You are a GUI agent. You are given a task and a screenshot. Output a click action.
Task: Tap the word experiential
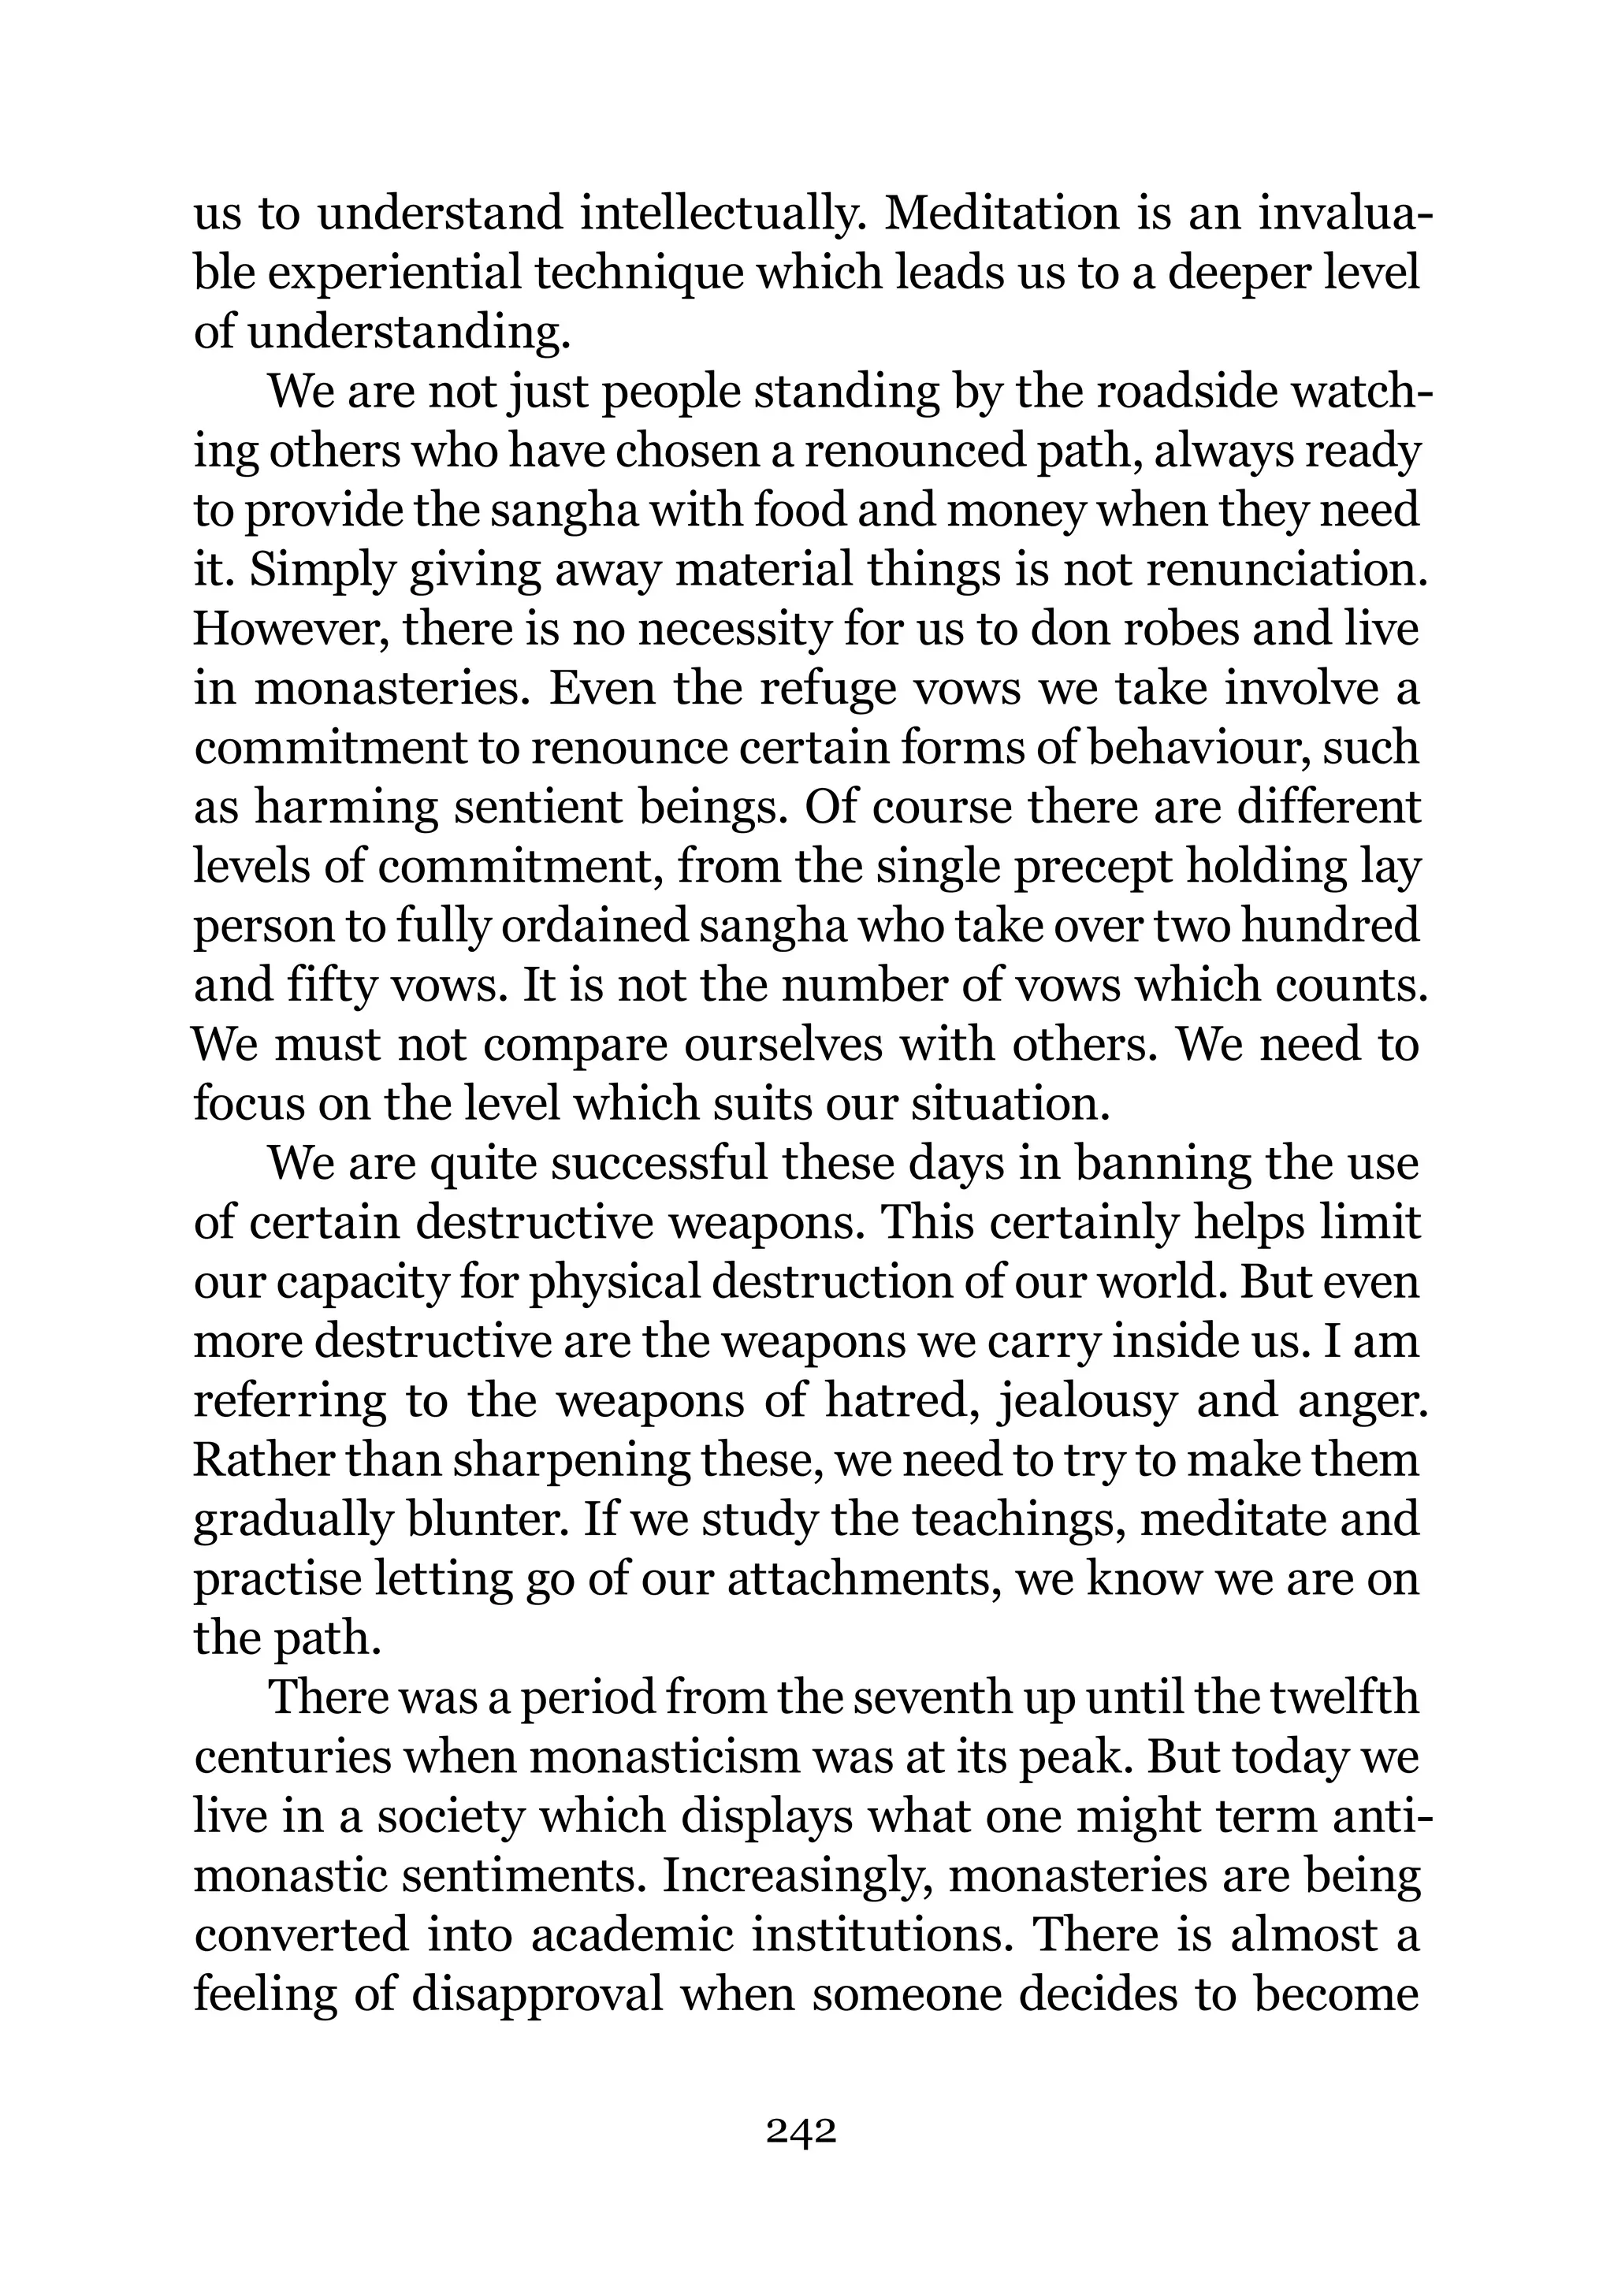tap(395, 273)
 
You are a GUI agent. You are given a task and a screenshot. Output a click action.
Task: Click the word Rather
tap(262, 1461)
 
